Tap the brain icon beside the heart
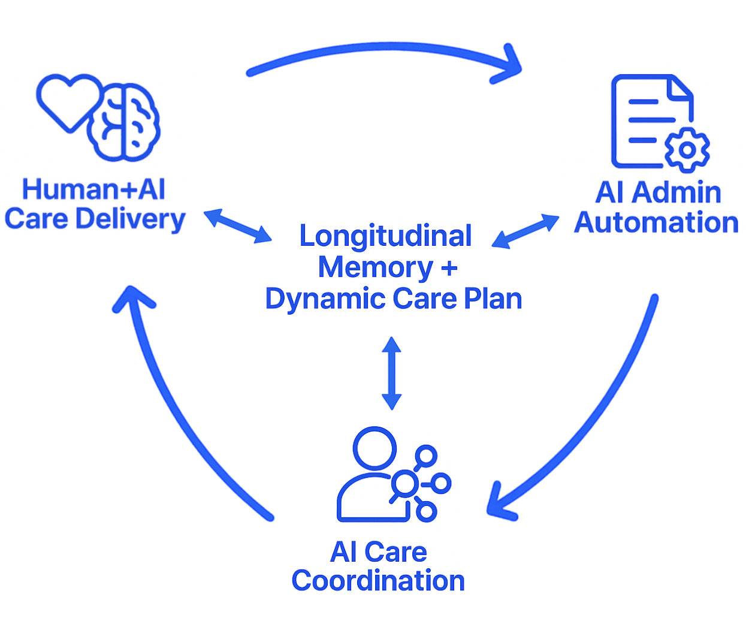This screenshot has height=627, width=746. [x=125, y=123]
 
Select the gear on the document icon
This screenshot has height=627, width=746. [x=687, y=150]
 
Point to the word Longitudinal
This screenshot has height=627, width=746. [x=385, y=236]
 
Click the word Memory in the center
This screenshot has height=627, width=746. [x=375, y=267]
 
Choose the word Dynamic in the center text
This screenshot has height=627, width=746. [x=325, y=299]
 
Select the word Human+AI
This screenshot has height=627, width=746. [x=93, y=189]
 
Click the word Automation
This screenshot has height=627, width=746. [x=656, y=223]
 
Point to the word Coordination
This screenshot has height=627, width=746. [x=378, y=581]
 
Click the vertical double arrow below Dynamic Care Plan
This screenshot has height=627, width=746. [x=392, y=373]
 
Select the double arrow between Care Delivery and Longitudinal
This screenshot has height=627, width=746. [x=238, y=226]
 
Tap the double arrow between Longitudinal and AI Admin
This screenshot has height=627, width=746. [x=525, y=231]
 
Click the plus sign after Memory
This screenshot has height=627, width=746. [x=449, y=268]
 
